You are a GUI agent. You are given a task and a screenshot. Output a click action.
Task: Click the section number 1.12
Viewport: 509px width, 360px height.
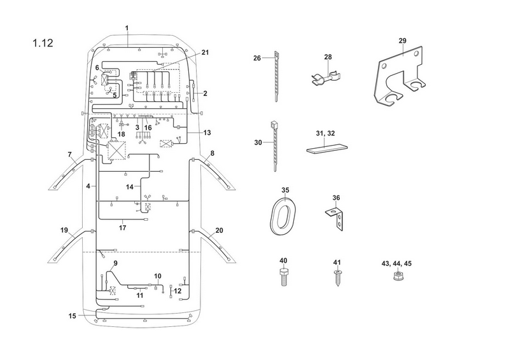(x=43, y=43)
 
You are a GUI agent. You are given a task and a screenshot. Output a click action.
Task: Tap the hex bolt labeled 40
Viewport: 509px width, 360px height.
(x=284, y=277)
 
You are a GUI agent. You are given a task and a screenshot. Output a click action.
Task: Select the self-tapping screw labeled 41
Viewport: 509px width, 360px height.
(x=338, y=278)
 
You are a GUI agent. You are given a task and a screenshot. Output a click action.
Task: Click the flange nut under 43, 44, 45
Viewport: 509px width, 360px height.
(x=396, y=276)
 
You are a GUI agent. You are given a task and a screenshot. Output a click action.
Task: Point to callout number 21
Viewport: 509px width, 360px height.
(x=205, y=53)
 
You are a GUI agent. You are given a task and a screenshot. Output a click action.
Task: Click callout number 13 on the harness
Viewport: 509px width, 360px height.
(x=207, y=132)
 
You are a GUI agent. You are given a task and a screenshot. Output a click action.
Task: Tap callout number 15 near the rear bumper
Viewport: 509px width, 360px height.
(x=73, y=316)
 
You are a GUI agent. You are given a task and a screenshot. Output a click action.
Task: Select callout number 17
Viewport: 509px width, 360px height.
(x=122, y=228)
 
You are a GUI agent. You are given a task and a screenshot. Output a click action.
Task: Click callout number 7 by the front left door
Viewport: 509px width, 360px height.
(x=69, y=155)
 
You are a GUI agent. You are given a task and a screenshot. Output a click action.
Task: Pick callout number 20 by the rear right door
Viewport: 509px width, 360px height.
(x=220, y=230)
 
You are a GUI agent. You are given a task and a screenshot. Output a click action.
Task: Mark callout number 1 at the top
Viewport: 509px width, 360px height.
(x=127, y=28)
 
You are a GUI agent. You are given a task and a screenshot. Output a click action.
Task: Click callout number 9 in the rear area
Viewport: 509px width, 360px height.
(x=116, y=263)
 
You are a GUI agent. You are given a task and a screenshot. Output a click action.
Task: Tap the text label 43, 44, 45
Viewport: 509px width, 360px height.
(x=396, y=263)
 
